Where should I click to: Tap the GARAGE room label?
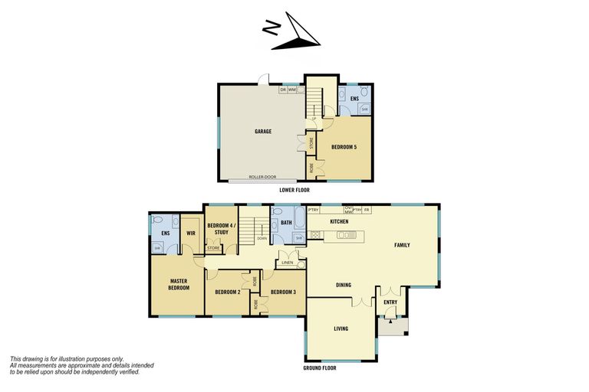pyautogui.click(x=263, y=132)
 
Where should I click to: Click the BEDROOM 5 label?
pyautogui.click(x=344, y=146)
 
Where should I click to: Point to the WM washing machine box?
pyautogui.click(x=292, y=90)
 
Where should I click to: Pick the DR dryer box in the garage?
pyautogui.click(x=283, y=90)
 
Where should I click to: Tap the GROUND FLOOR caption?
pyautogui.click(x=320, y=368)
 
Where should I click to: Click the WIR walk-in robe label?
pyautogui.click(x=191, y=233)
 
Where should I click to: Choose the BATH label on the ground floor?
pyautogui.click(x=286, y=224)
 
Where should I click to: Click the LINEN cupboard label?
pyautogui.click(x=288, y=263)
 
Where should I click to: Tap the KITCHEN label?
pyautogui.click(x=339, y=221)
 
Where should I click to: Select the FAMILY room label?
pyautogui.click(x=402, y=245)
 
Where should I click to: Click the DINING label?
pyautogui.click(x=344, y=285)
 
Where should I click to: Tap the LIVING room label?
pyautogui.click(x=341, y=328)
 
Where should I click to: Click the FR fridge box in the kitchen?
pyautogui.click(x=367, y=209)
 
